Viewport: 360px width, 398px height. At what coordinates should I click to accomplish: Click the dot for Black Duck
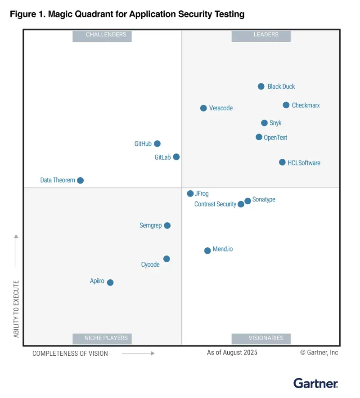(x=261, y=86)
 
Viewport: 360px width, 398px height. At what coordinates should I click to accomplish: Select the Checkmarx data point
(x=286, y=105)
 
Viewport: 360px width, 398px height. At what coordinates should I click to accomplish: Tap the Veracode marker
(x=203, y=108)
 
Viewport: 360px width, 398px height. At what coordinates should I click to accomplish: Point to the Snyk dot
(x=264, y=123)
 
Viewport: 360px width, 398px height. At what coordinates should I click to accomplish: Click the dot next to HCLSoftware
(x=282, y=162)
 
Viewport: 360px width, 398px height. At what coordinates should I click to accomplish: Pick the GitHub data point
(x=157, y=144)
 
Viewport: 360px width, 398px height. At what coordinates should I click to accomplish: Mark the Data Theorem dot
(x=80, y=180)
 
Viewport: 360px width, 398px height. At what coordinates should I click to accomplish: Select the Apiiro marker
(x=110, y=282)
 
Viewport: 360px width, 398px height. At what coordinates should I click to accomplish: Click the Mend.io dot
(x=207, y=250)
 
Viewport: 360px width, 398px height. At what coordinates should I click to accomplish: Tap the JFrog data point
(x=190, y=193)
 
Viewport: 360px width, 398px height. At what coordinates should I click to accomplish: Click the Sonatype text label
(x=264, y=200)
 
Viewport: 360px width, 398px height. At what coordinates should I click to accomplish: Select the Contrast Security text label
(x=215, y=204)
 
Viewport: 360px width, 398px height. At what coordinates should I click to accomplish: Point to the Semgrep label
(x=150, y=225)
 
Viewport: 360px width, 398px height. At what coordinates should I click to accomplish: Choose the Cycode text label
(x=150, y=264)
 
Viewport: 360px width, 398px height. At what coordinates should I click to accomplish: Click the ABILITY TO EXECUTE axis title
(x=17, y=309)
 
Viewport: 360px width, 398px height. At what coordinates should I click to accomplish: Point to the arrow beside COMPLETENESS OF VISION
(x=138, y=353)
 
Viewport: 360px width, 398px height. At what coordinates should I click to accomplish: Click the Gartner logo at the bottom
(x=315, y=384)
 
